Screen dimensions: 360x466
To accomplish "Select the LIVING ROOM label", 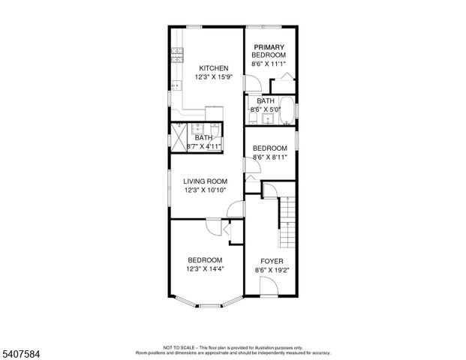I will (x=205, y=181).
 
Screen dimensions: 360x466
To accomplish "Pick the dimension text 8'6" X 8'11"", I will (x=269, y=157).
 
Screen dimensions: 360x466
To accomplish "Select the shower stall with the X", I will (x=179, y=134).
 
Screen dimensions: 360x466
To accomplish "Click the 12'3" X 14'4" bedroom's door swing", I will (x=215, y=228).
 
